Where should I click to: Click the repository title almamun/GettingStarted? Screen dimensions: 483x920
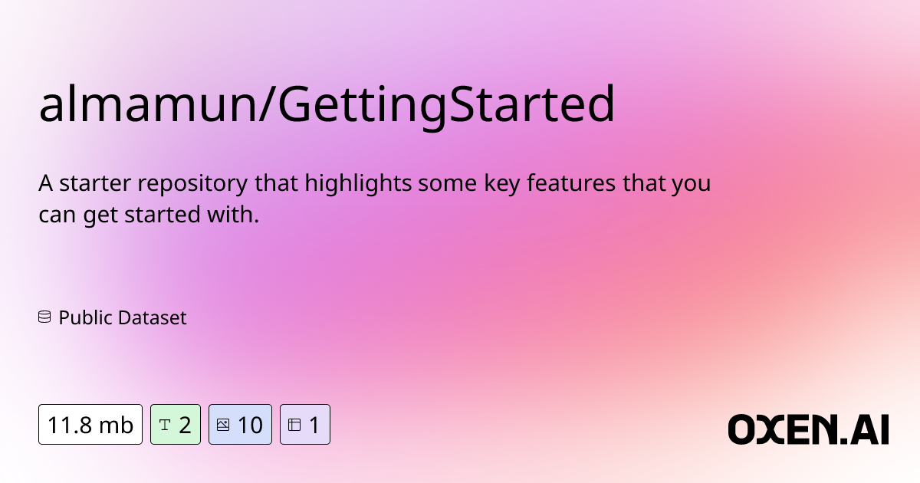tap(327, 106)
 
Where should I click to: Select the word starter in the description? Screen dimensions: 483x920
tap(92, 185)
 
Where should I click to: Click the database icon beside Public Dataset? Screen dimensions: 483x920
tap(44, 317)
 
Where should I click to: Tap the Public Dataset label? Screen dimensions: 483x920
tap(123, 317)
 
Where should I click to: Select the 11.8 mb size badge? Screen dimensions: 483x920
tap(90, 425)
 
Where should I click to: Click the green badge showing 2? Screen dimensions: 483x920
tap(175, 425)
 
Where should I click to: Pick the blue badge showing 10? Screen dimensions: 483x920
tap(240, 425)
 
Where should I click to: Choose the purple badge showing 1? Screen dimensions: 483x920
tap(304, 425)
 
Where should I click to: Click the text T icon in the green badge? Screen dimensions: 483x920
tap(164, 425)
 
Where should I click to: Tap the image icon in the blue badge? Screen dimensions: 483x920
tap(223, 425)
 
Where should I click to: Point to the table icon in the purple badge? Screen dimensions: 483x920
tap(294, 425)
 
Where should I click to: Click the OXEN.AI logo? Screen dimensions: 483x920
tap(808, 429)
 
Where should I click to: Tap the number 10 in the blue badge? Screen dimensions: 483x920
tap(250, 425)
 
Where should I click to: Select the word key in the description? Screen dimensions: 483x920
tap(503, 185)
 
